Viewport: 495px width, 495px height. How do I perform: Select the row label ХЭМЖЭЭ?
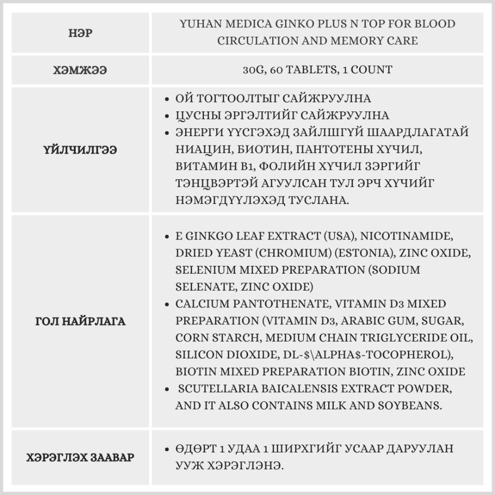point(80,70)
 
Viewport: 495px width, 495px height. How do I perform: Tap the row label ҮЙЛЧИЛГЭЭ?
point(80,150)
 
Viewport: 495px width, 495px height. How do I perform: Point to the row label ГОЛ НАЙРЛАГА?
point(80,321)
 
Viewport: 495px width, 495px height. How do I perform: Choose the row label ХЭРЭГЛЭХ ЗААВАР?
point(80,457)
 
